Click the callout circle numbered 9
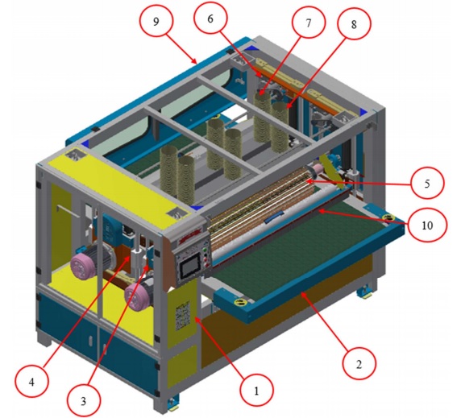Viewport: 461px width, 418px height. pyautogui.click(x=156, y=21)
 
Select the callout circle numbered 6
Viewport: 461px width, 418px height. pyautogui.click(x=211, y=19)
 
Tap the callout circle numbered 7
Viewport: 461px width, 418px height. pyautogui.click(x=309, y=23)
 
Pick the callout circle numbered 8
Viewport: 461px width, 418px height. pyautogui.click(x=354, y=23)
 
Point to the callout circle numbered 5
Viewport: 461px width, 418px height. pyautogui.click(x=427, y=184)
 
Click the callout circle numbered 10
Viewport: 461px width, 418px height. pyautogui.click(x=427, y=226)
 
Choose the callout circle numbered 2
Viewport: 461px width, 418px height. pyautogui.click(x=359, y=364)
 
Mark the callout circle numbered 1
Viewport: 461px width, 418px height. pyautogui.click(x=256, y=391)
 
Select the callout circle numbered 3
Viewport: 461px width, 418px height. pyautogui.click(x=84, y=400)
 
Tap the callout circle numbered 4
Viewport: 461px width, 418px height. pyautogui.click(x=31, y=382)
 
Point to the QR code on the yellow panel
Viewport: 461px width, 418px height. pyautogui.click(x=184, y=316)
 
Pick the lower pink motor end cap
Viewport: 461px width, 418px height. pyautogui.click(x=137, y=297)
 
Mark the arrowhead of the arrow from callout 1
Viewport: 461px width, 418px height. pyautogui.click(x=196, y=318)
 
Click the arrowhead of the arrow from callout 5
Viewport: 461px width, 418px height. pyautogui.click(x=308, y=182)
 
